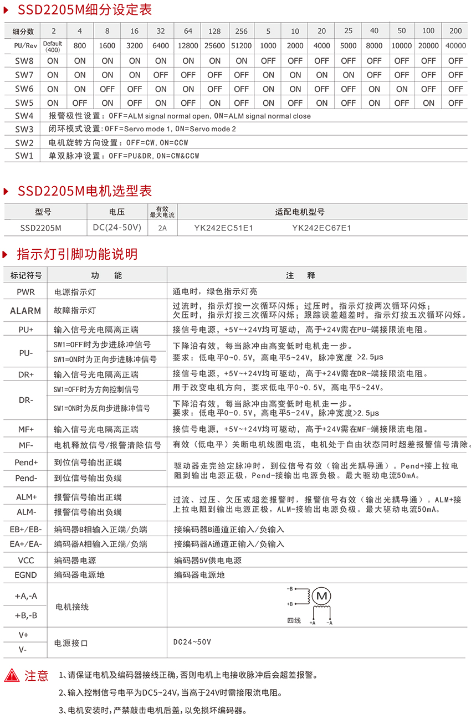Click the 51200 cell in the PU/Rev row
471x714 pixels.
click(242, 46)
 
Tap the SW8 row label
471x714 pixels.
click(24, 60)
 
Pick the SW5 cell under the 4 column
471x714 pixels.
click(80, 102)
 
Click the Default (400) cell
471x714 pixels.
click(53, 46)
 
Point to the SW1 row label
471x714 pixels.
click(24, 156)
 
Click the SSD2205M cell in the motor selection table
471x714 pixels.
click(40, 227)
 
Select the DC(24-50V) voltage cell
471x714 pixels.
click(117, 227)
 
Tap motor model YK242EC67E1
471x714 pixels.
click(321, 227)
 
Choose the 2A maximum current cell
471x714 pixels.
click(162, 228)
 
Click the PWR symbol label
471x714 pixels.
click(25, 291)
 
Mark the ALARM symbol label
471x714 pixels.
click(25, 311)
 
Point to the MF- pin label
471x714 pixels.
click(25, 445)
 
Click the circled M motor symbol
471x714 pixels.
click(321, 596)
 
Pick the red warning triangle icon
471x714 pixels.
click(12, 675)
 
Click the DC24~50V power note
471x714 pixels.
click(192, 642)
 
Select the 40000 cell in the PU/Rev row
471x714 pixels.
click(455, 46)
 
